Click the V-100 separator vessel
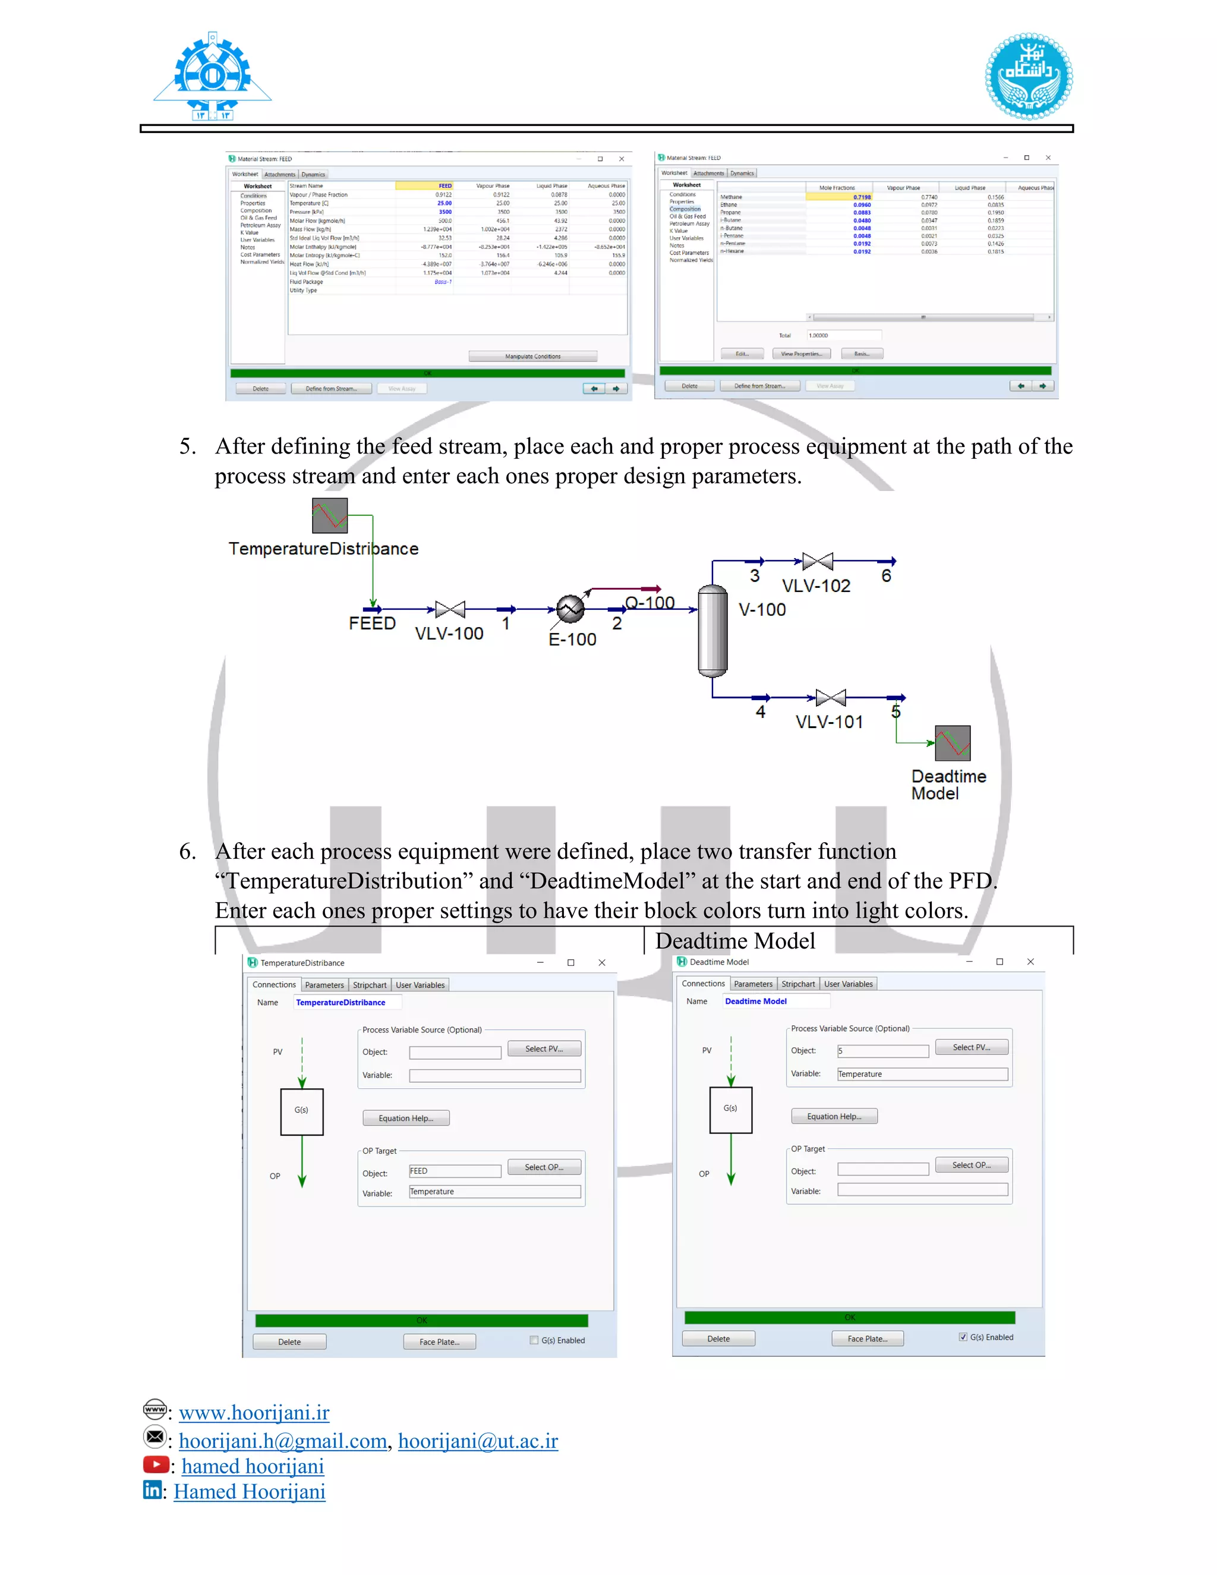point(712,630)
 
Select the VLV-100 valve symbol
point(450,609)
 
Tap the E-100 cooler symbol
point(569,609)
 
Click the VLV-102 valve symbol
point(818,561)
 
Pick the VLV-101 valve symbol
point(831,697)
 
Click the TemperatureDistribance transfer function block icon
point(329,516)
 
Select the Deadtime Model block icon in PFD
point(953,743)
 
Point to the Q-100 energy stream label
point(650,602)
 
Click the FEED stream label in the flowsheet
point(372,623)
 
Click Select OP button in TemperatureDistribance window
point(544,1167)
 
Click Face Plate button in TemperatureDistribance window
point(439,1342)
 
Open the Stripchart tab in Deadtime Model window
point(798,984)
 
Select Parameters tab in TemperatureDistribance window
point(324,985)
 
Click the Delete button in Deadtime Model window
point(718,1338)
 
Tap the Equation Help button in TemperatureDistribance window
point(406,1118)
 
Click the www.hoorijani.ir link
point(254,1412)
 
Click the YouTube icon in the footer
point(155,1464)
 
